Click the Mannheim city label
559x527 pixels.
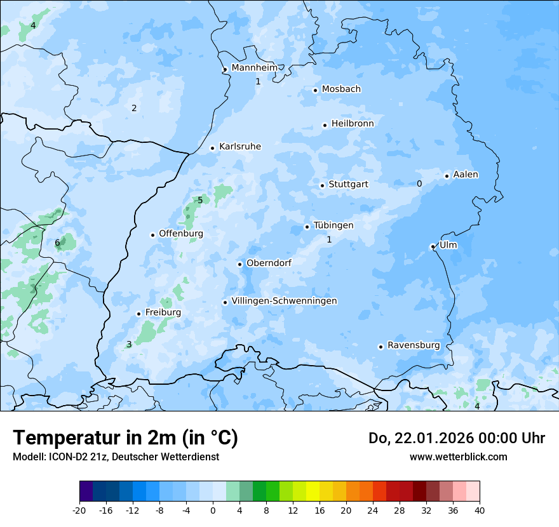tap(255, 68)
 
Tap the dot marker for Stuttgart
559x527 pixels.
tap(322, 185)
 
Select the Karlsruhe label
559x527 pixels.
tap(240, 147)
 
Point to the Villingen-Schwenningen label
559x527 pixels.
tap(284, 301)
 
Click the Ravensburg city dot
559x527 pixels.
tap(381, 347)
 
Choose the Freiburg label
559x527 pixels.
tap(163, 312)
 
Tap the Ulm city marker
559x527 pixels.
tap(433, 246)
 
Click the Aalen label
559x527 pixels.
tap(466, 175)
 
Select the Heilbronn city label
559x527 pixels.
tap(353, 124)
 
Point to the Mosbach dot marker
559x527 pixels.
tap(315, 90)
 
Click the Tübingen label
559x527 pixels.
tap(333, 225)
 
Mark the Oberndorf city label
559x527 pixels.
tap(269, 263)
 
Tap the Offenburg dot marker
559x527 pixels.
tap(152, 235)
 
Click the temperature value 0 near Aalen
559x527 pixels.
tap(419, 183)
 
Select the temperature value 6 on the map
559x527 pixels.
tap(57, 243)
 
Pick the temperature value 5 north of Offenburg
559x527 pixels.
tap(200, 200)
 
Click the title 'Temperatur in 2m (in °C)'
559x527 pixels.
tap(126, 438)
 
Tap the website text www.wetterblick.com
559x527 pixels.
tap(458, 457)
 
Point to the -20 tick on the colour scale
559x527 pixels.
tap(79, 510)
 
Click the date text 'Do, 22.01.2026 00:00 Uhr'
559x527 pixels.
tap(457, 438)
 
